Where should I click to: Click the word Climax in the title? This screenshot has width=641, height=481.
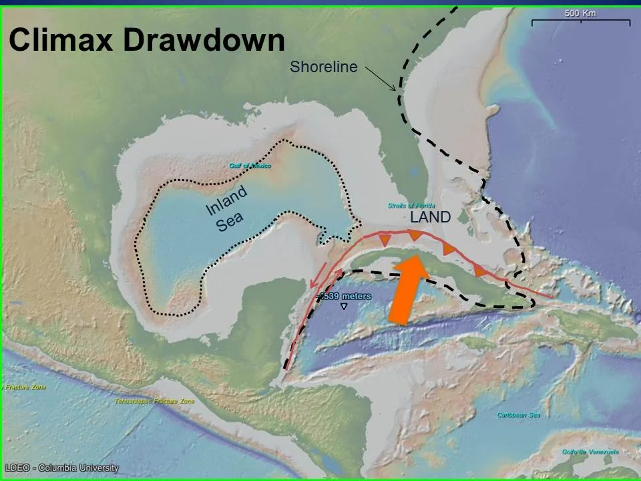(60, 40)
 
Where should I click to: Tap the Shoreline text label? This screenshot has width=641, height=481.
(323, 67)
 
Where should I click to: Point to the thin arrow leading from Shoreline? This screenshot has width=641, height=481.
(381, 79)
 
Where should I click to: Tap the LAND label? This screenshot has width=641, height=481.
(430, 217)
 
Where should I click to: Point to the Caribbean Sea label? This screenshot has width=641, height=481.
(518, 415)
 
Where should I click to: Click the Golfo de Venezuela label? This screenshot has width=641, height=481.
(590, 452)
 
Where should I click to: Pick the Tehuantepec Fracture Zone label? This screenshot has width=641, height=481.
(154, 401)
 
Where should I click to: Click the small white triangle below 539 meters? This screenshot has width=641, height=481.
(344, 306)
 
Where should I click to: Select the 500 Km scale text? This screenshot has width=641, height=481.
(580, 13)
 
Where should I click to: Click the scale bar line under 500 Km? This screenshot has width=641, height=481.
(580, 22)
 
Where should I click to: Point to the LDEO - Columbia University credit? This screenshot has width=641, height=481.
(61, 468)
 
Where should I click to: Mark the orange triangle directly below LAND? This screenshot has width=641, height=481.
(415, 234)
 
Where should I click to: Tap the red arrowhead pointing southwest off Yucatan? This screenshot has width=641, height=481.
(314, 285)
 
